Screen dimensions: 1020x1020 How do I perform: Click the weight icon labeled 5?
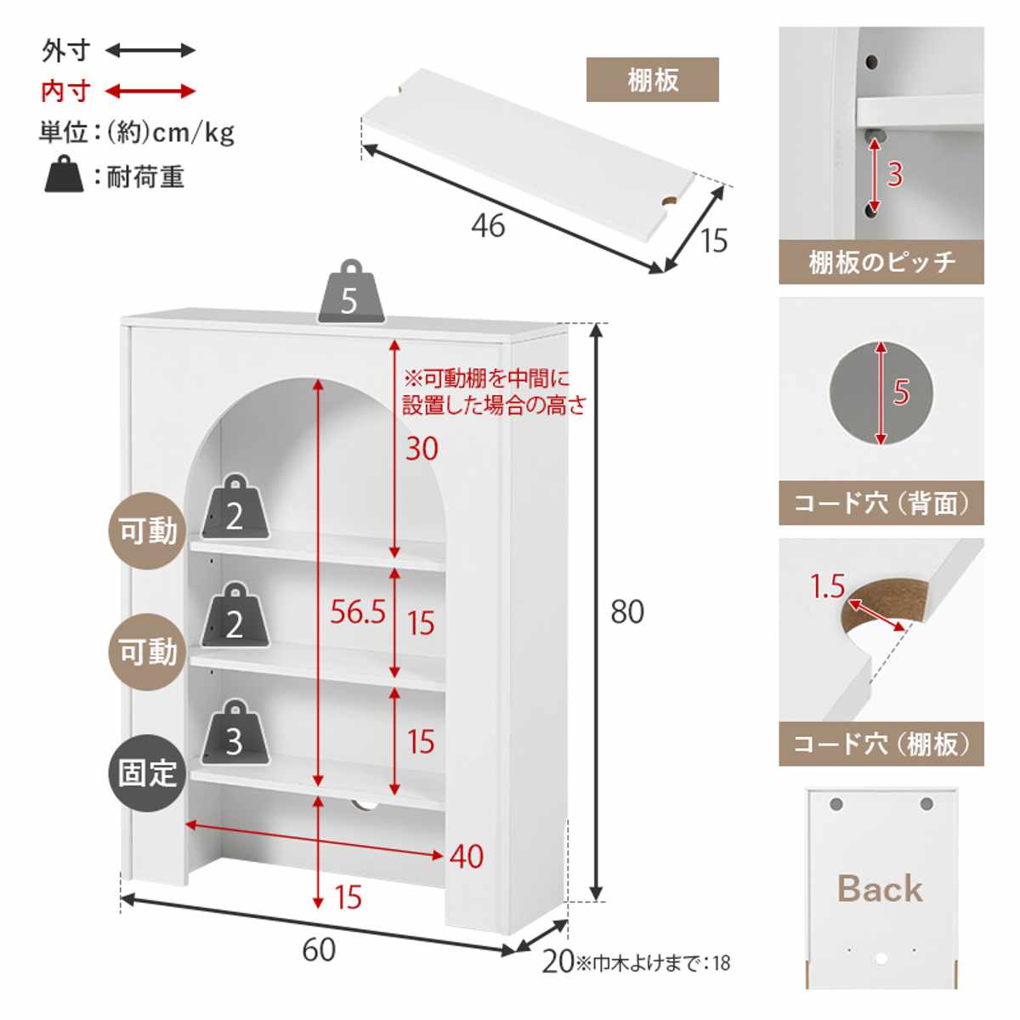tap(350, 294)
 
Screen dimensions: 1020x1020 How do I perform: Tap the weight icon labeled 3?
tap(235, 733)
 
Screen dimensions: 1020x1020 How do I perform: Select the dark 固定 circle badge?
tap(148, 773)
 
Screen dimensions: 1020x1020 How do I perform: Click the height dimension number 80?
tap(627, 612)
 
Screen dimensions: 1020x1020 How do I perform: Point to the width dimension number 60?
tap(319, 949)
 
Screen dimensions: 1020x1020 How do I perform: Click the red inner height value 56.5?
tap(358, 611)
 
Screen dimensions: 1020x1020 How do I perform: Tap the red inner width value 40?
tap(467, 857)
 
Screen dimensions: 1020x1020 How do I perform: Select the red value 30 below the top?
tap(422, 448)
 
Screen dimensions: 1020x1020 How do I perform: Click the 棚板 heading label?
tap(653, 80)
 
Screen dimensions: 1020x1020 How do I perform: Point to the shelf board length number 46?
tap(488, 226)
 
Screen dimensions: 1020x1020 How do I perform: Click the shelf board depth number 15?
tap(714, 241)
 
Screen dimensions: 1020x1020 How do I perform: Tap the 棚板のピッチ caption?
tap(881, 263)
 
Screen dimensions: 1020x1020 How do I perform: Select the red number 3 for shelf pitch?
tap(894, 174)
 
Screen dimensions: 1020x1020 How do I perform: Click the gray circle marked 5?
tap(881, 393)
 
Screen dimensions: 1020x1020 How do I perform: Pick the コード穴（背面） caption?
tap(881, 503)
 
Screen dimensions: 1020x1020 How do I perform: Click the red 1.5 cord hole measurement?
tap(827, 586)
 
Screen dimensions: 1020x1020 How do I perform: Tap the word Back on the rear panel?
tap(880, 889)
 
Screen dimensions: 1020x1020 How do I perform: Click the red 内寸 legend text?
tap(65, 91)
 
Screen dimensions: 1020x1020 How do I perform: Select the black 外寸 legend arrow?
tap(150, 51)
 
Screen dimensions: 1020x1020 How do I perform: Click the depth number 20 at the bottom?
tap(558, 962)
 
